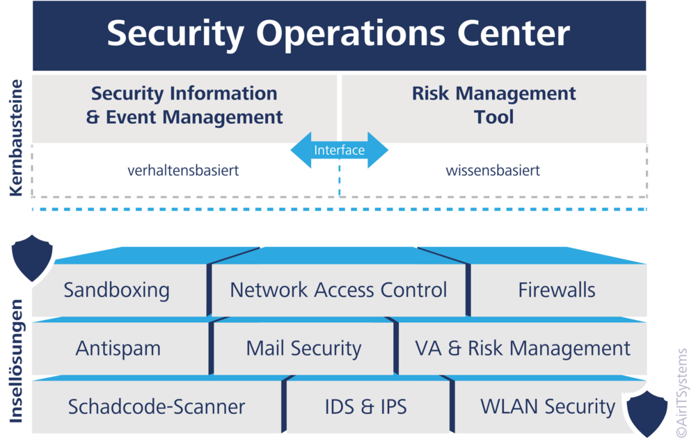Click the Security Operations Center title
(x=338, y=34)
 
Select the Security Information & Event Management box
(x=184, y=109)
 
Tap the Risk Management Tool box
(x=494, y=109)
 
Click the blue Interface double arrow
(x=340, y=150)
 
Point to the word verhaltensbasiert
(x=183, y=170)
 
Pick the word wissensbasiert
(x=493, y=170)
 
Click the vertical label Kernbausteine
(x=16, y=138)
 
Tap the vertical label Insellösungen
(x=16, y=361)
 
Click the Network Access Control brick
(x=338, y=289)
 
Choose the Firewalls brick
(x=558, y=289)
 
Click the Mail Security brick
(x=303, y=349)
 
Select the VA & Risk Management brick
(x=523, y=349)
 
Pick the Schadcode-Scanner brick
(x=157, y=406)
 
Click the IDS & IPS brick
(x=366, y=406)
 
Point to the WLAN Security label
(x=548, y=406)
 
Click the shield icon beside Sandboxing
(x=32, y=257)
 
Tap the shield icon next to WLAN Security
(x=647, y=413)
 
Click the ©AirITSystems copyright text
(x=682, y=392)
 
